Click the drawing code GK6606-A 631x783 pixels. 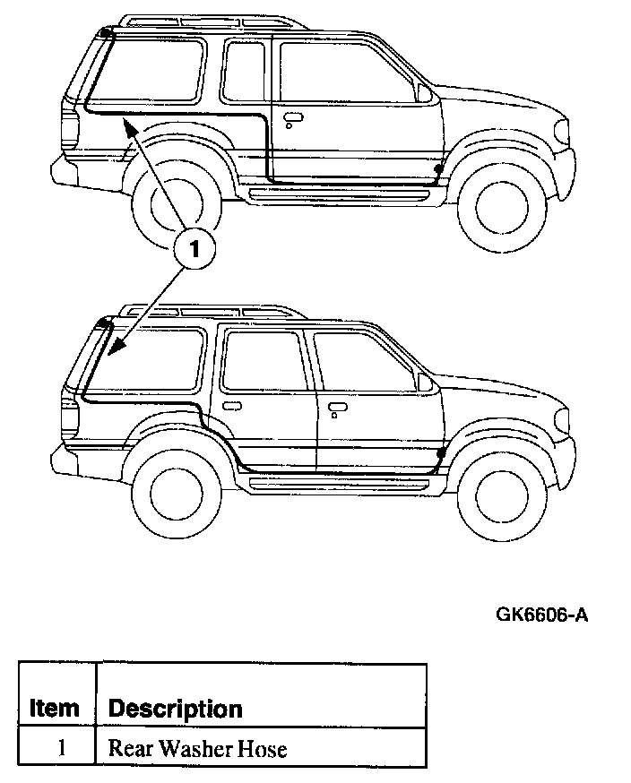(542, 615)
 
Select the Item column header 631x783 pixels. (55, 708)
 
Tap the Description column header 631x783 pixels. (175, 709)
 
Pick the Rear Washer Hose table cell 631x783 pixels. (197, 748)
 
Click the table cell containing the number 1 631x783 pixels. (61, 748)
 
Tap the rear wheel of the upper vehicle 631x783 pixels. (174, 207)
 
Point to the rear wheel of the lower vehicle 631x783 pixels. (176, 489)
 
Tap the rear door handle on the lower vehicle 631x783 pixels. (231, 406)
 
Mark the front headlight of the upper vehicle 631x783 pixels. (563, 132)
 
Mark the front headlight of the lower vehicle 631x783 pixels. (563, 418)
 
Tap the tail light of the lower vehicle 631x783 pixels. (68, 412)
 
